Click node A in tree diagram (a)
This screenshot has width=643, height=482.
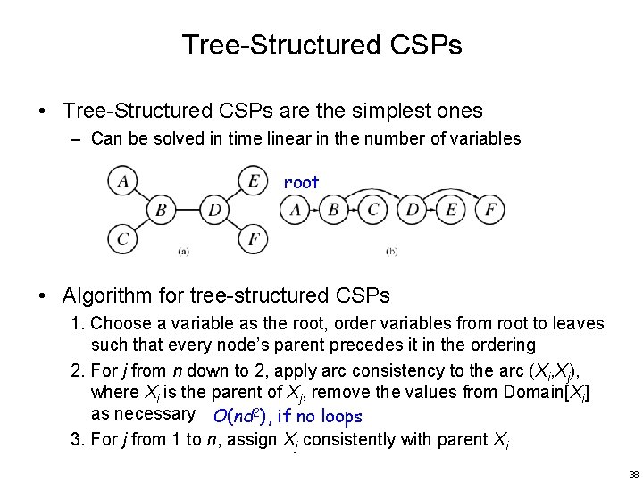(121, 182)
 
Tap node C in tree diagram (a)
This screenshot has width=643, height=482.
(121, 239)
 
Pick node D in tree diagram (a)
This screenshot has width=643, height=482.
(214, 211)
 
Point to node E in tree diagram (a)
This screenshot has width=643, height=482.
(255, 182)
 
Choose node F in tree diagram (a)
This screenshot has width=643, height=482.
(255, 239)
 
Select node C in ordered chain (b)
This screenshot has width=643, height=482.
(373, 211)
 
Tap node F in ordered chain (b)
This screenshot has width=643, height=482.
(489, 211)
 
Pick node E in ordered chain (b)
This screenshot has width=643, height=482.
(450, 211)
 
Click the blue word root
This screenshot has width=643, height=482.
(301, 182)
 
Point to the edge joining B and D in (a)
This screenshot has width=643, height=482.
(188, 211)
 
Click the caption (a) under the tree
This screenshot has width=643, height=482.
(182, 252)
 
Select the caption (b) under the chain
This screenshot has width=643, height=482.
(392, 252)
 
